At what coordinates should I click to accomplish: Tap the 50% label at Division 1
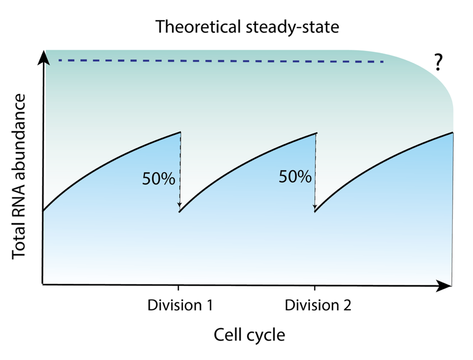tap(159, 178)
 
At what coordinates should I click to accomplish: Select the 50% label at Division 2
tap(295, 176)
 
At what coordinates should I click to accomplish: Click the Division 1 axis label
tap(180, 305)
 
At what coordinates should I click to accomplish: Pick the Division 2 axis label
tap(318, 305)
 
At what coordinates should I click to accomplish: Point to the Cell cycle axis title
tap(250, 335)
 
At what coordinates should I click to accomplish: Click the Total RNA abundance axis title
tap(19, 176)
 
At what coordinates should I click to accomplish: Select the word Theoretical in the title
tap(197, 26)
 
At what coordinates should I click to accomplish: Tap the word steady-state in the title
tap(292, 27)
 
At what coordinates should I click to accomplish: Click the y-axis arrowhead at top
tap(44, 57)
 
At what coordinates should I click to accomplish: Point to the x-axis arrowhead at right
tap(444, 285)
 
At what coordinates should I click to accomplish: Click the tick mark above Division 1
tap(179, 287)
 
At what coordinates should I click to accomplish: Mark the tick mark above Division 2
tap(315, 287)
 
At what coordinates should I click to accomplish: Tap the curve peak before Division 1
tap(180, 132)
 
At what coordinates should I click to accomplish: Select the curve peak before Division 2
tap(316, 133)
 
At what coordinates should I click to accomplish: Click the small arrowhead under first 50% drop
tap(179, 205)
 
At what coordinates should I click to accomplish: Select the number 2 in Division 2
tap(347, 305)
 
